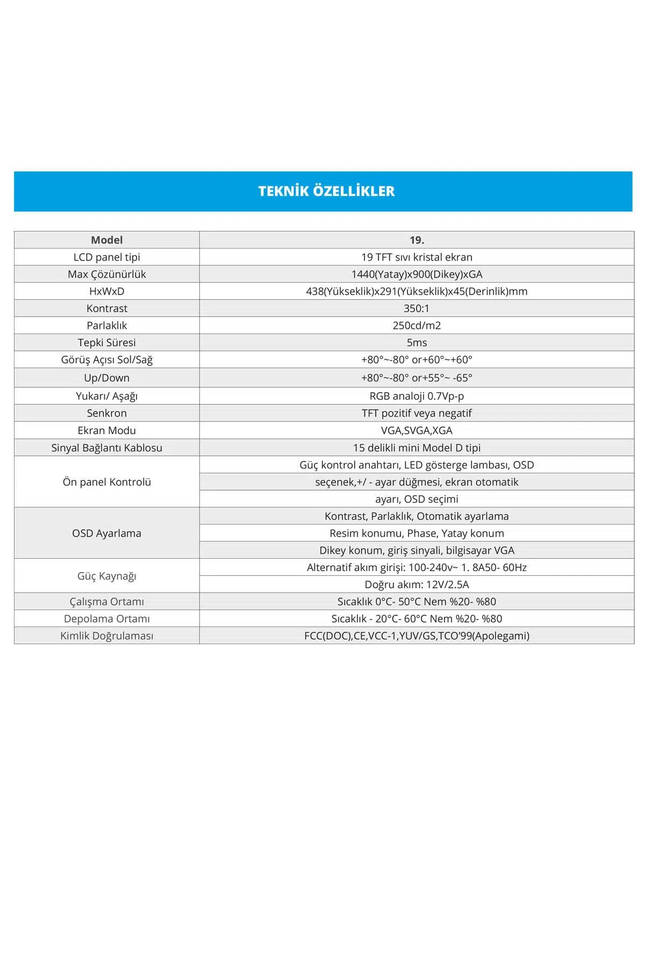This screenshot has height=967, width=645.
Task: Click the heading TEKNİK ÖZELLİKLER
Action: [x=326, y=191]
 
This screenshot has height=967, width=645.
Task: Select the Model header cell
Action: [x=106, y=240]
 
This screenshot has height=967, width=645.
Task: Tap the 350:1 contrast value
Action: [x=417, y=308]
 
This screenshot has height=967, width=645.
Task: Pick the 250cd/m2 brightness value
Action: [x=417, y=326]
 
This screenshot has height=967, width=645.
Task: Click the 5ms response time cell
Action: [x=417, y=343]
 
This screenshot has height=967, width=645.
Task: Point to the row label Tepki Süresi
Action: [x=106, y=343]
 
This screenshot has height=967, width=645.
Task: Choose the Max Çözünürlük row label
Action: [x=106, y=275]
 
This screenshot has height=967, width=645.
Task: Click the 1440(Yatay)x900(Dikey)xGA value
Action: [x=417, y=275]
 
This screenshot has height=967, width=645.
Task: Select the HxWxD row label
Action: [x=106, y=291]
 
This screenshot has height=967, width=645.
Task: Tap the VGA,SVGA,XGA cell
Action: [x=417, y=430]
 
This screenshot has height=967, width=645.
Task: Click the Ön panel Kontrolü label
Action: [x=106, y=482]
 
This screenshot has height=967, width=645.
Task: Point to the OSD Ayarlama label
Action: [x=106, y=533]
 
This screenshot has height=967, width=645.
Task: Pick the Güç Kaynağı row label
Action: [x=106, y=576]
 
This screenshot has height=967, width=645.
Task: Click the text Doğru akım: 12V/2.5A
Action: [x=417, y=584]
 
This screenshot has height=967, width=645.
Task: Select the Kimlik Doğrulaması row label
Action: [x=106, y=636]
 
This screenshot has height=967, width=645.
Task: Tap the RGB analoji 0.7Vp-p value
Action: [x=417, y=396]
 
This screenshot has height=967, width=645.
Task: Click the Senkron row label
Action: [x=106, y=413]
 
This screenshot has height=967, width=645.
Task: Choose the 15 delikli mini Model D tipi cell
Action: [x=417, y=448]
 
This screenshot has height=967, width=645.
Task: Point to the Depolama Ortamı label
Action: [x=106, y=619]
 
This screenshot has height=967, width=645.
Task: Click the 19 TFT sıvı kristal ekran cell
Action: [x=417, y=257]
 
